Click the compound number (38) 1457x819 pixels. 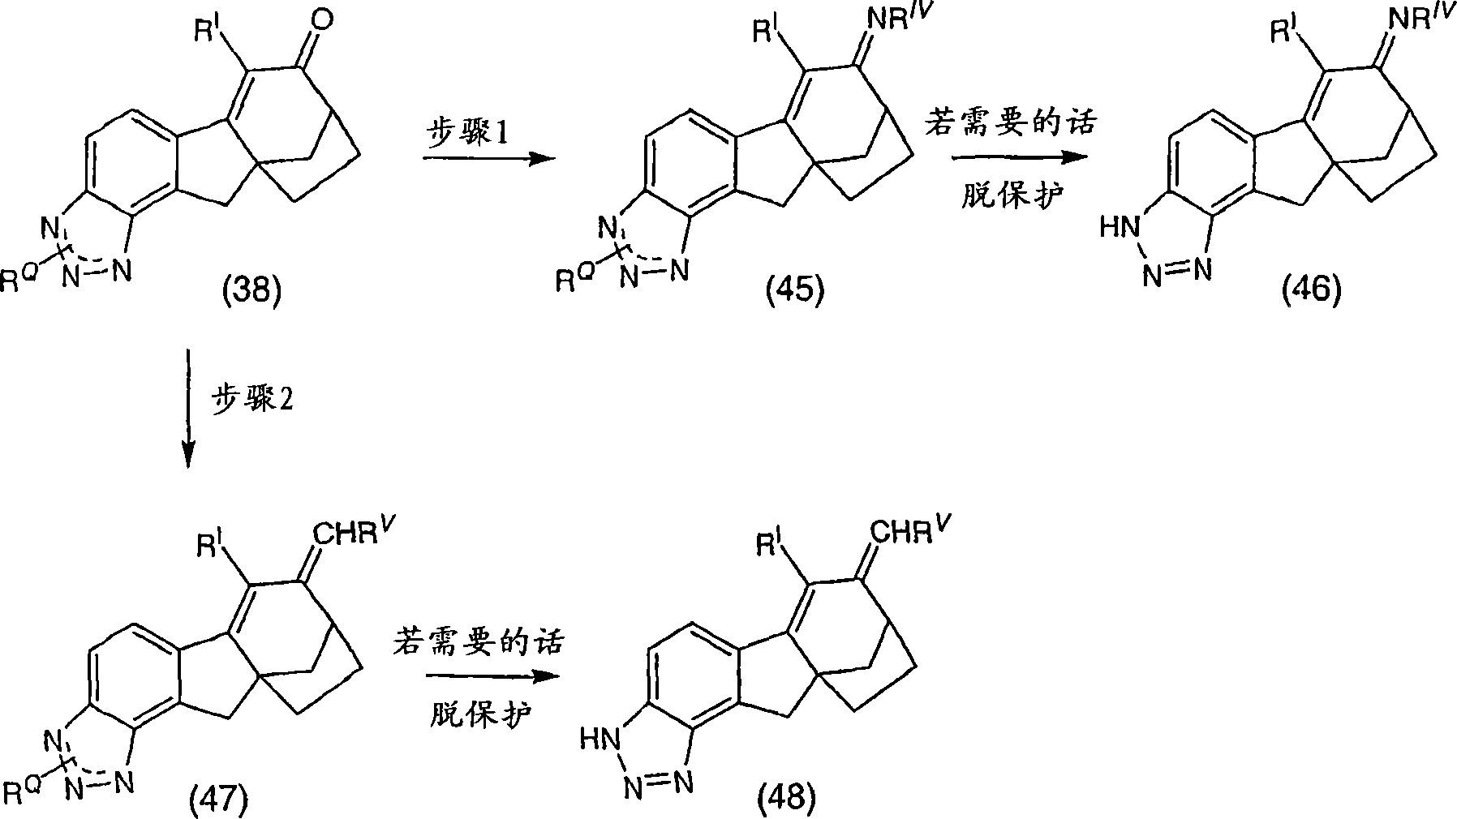tap(251, 289)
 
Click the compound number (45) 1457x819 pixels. tap(794, 289)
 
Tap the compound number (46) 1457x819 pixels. tap(1312, 289)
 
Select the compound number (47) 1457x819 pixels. tap(217, 801)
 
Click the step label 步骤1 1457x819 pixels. tap(468, 133)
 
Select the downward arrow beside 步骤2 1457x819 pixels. tap(188, 409)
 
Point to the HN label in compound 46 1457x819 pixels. tap(1117, 229)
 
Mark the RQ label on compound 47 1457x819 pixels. tap(24, 791)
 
